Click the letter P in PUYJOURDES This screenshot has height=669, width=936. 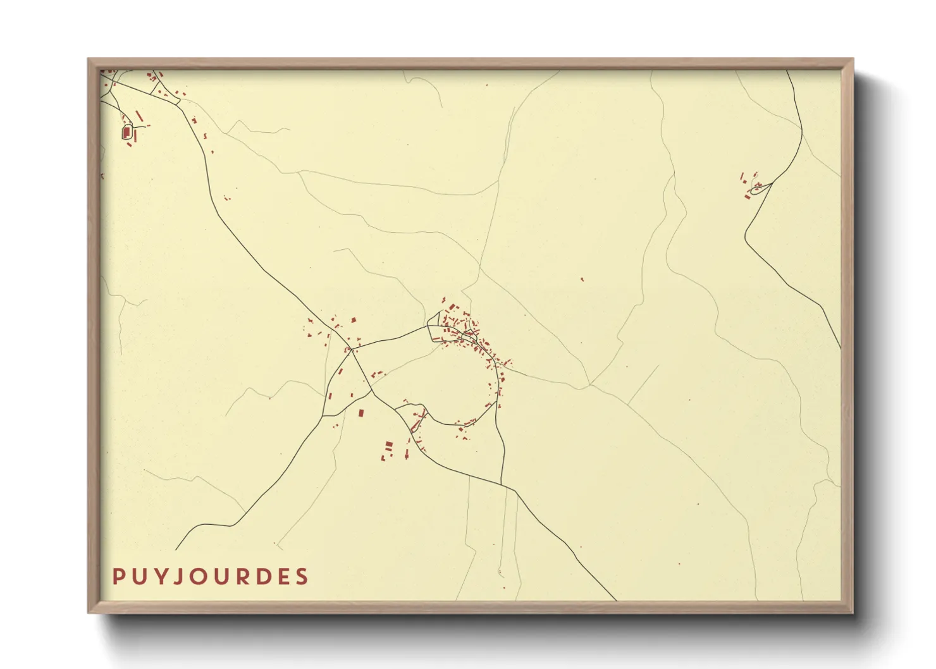point(118,577)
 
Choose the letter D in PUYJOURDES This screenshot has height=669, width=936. point(260,577)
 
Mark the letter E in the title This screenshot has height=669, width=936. point(281,577)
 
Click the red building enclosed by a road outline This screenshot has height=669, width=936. point(126,132)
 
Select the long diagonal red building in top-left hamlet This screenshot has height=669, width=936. point(139,116)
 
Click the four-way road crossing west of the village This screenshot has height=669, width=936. point(352,348)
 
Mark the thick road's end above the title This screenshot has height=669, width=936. point(176,549)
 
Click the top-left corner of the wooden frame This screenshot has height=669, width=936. point(89,59)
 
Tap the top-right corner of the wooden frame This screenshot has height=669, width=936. point(853,59)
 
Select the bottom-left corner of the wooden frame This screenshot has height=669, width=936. point(89,612)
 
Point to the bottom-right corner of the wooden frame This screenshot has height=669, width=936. point(853,612)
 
